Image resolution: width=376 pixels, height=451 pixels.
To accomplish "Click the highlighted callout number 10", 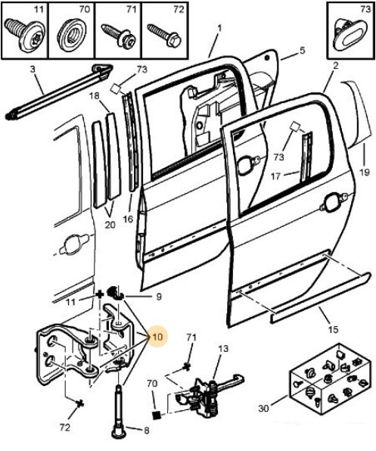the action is pos(158,337).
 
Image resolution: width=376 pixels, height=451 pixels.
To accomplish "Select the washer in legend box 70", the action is pos(72,37).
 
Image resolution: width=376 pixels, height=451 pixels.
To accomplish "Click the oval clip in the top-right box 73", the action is pos(350,36).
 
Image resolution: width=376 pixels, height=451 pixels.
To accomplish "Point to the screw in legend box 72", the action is pos(164,36).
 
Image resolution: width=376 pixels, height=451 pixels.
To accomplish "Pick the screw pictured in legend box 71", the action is pos(119,36).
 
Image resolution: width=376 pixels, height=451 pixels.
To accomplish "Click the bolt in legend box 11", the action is pos(25,34).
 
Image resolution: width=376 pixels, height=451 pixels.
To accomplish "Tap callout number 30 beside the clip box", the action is pos(263,408).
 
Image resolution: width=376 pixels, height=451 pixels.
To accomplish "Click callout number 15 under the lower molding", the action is pos(333,329).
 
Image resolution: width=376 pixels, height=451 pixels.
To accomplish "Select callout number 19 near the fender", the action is pos(364,172).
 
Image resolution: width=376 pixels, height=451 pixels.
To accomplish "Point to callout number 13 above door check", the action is pos(223,349).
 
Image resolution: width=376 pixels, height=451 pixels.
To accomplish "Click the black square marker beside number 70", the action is pos(157,415).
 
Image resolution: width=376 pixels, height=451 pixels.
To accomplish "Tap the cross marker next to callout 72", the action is pos(79,403).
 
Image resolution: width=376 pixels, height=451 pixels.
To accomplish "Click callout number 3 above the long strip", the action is pos(33,70).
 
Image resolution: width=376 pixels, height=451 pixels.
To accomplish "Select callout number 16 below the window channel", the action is pos(128,219).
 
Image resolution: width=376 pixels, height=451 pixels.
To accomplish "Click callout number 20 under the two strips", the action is pos(110,225).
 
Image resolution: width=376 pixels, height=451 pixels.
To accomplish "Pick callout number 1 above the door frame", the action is pos(219,29).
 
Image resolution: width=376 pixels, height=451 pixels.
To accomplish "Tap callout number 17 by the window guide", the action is pos(275,176).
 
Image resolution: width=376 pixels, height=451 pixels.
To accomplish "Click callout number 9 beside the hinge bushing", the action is pos(159,297).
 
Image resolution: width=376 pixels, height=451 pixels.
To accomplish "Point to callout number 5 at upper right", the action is pos(302,51).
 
